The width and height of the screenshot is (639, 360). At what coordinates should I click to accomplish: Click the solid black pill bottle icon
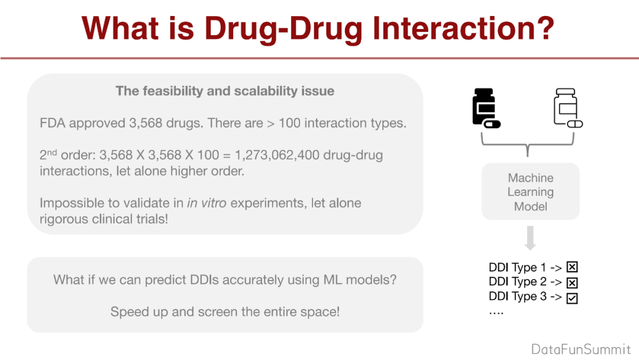click(486, 108)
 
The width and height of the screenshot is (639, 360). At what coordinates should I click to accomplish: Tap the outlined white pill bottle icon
click(568, 108)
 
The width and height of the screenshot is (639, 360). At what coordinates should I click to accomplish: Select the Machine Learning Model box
click(530, 192)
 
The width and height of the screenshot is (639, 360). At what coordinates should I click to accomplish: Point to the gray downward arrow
click(530, 238)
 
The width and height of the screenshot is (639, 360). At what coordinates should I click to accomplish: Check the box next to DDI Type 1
click(572, 267)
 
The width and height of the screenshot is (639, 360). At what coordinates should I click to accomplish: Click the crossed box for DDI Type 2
click(572, 282)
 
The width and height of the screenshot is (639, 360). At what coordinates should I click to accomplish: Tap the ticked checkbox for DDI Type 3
click(572, 298)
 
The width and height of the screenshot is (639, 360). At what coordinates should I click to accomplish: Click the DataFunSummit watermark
click(581, 349)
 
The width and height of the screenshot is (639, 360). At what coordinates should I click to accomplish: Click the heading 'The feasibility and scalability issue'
click(225, 91)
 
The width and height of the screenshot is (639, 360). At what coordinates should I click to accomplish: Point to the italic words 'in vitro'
click(206, 203)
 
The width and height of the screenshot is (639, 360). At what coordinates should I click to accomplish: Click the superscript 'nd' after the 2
click(51, 153)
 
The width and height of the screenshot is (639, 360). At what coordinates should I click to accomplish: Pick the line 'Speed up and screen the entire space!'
click(225, 312)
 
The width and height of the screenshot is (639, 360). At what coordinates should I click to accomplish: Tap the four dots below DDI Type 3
click(496, 313)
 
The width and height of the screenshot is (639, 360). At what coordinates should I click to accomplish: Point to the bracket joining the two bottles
click(528, 144)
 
